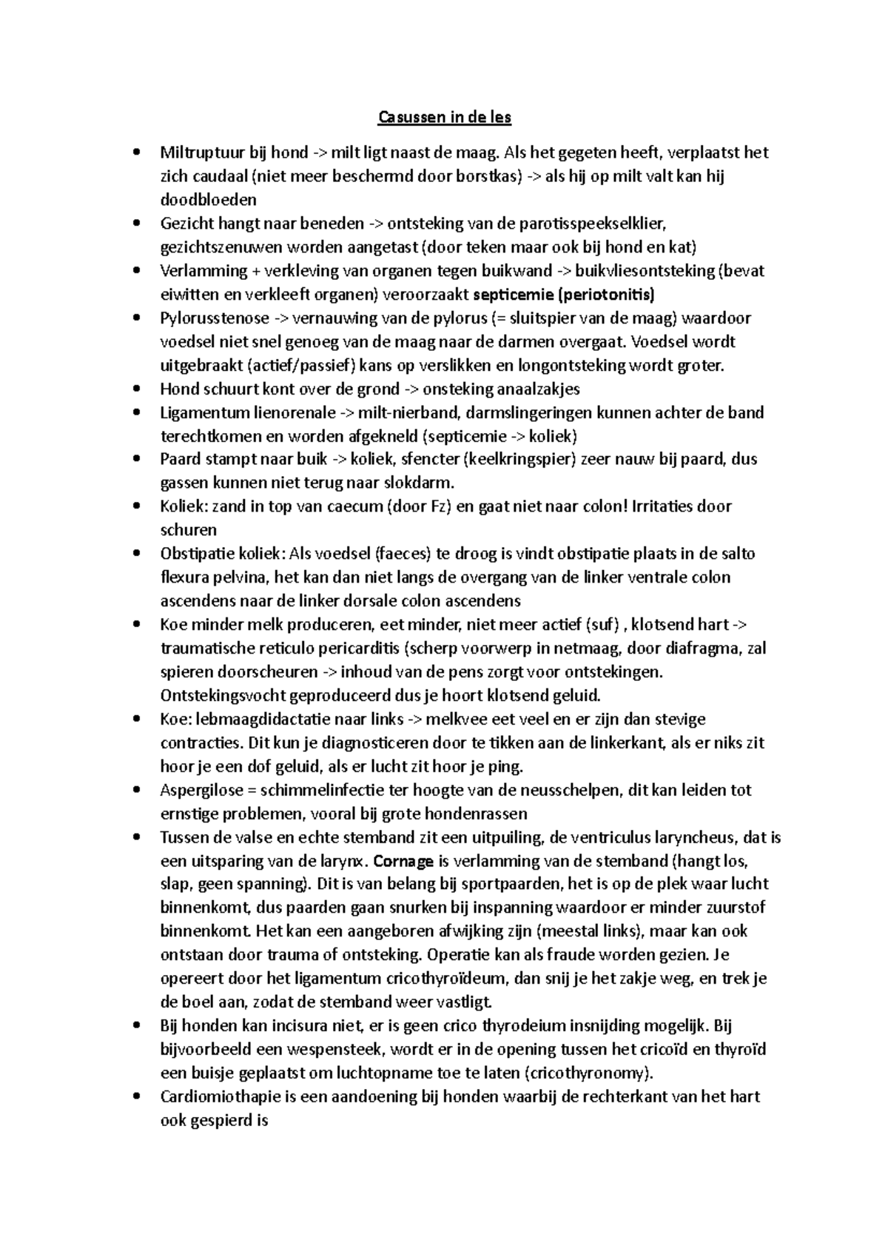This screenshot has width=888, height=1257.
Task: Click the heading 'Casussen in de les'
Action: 445,117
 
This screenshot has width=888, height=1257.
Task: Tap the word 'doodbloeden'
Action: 209,200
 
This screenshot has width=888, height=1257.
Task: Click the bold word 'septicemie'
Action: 513,295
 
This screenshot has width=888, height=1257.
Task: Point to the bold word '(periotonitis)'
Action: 607,295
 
